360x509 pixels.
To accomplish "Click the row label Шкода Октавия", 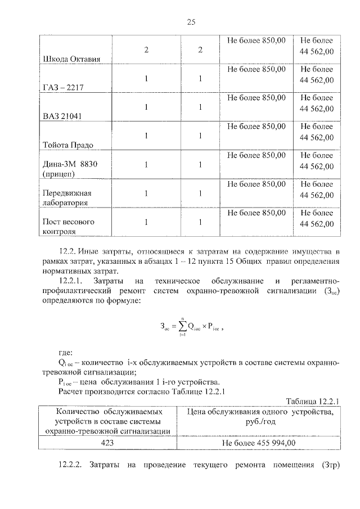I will click(67, 60).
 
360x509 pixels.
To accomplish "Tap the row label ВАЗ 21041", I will click(62, 116).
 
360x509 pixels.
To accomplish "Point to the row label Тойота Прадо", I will click(68, 145).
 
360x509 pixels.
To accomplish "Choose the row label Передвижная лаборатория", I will click(67, 199).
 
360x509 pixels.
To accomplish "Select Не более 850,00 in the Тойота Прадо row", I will click(256, 127).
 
